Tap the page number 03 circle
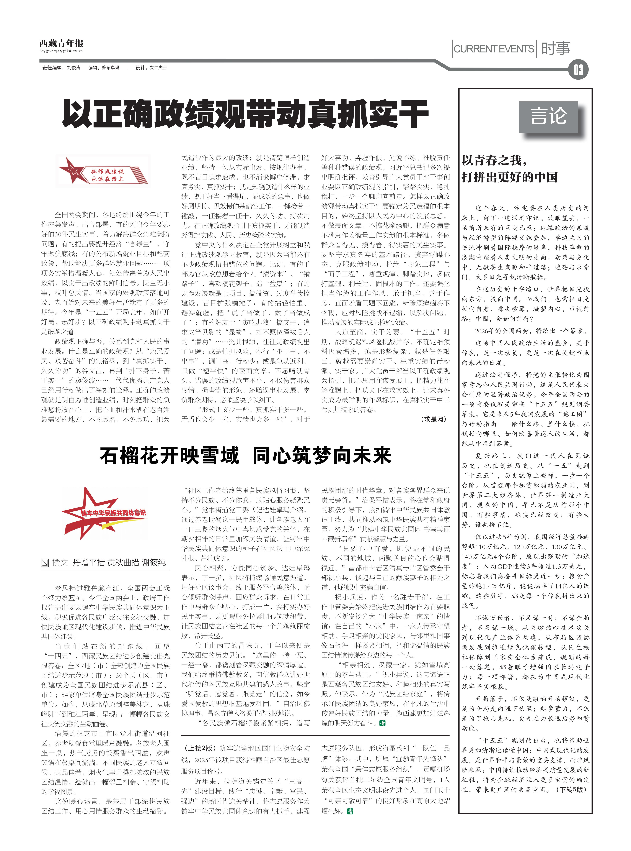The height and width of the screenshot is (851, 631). pos(578,70)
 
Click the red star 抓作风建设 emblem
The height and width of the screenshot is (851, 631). pos(103,170)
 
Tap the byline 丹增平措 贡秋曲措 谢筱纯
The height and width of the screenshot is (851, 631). pos(119,562)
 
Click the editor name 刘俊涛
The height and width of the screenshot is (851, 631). pos(74,68)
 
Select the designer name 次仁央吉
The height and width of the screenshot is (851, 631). pos(158,68)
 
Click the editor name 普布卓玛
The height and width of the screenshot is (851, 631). pos(110,68)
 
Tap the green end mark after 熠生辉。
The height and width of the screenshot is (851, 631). pos(350,811)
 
